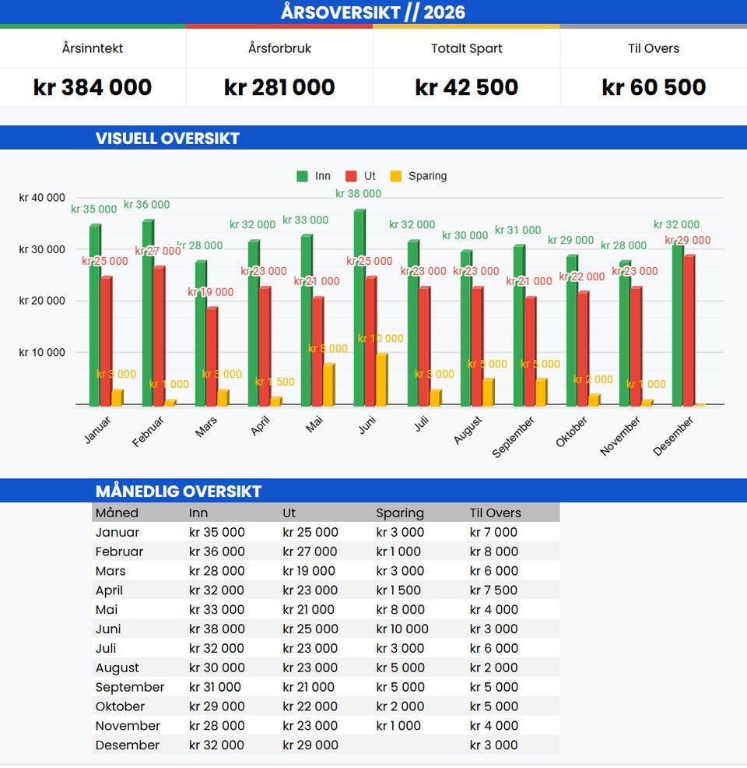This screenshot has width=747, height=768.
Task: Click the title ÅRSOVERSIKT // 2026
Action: tap(373, 12)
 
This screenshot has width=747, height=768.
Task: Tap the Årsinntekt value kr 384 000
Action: tap(93, 87)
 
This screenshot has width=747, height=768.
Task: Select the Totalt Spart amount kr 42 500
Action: tap(466, 87)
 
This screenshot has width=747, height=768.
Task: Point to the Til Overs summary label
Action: tap(654, 48)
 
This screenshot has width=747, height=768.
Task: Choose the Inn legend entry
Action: tap(314, 176)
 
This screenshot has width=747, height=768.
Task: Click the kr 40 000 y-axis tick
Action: tap(42, 198)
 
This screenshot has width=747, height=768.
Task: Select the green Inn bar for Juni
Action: tap(359, 308)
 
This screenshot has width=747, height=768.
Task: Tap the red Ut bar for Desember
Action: tap(688, 330)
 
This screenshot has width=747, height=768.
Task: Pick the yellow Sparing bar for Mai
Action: tap(328, 385)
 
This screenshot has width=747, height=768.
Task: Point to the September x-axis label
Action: tap(514, 436)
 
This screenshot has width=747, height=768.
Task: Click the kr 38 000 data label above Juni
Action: tap(359, 194)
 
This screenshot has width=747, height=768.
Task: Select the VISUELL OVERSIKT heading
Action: tap(167, 139)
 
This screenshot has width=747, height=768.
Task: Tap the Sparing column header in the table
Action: tap(400, 513)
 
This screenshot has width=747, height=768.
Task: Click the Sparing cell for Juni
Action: tap(402, 629)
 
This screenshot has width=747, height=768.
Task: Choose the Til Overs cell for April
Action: tap(493, 590)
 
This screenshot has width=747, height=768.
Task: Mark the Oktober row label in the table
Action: tap(120, 706)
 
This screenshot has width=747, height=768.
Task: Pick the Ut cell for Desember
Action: tap(310, 745)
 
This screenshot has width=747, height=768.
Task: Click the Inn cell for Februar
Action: tap(216, 551)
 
